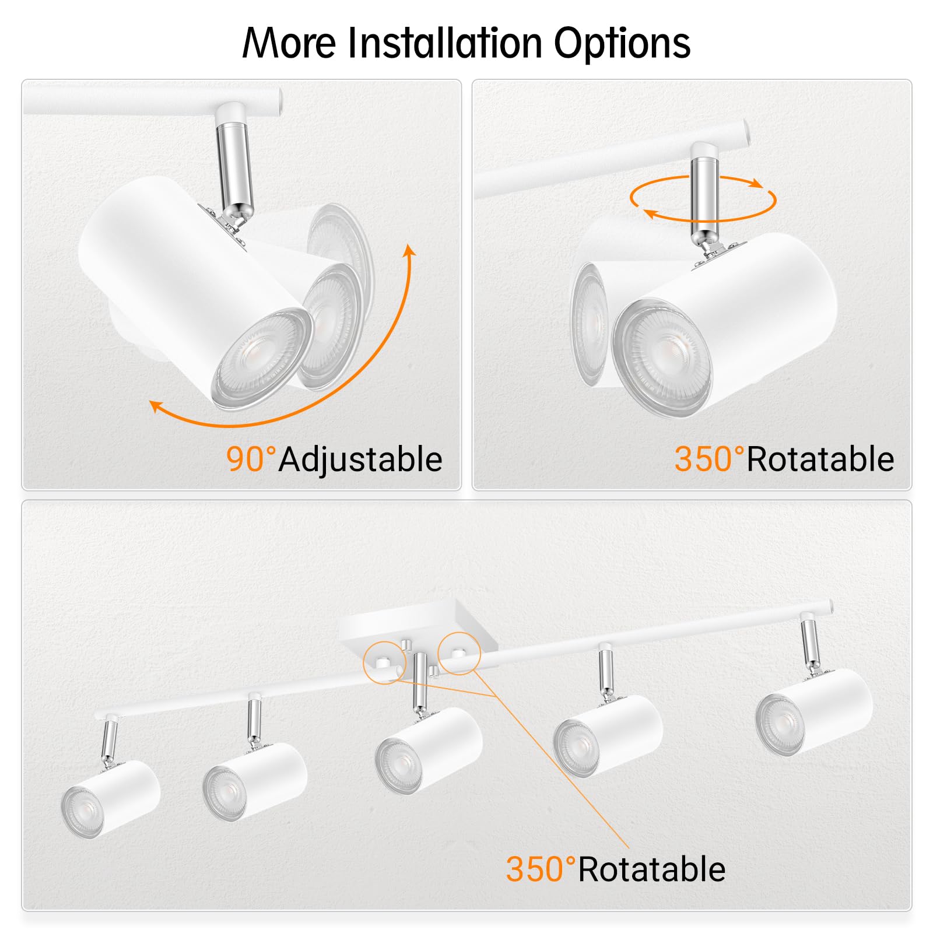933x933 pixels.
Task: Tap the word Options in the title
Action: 622,44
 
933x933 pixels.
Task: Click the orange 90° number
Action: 251,459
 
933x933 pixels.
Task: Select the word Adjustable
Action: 360,460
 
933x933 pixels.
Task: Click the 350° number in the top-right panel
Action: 709,459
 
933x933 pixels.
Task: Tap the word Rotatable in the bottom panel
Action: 652,869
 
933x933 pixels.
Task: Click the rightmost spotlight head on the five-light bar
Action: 813,711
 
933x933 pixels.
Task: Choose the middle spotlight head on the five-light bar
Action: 429,749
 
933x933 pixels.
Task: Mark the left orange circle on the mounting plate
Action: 384,661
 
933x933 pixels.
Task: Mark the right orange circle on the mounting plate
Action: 460,653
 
